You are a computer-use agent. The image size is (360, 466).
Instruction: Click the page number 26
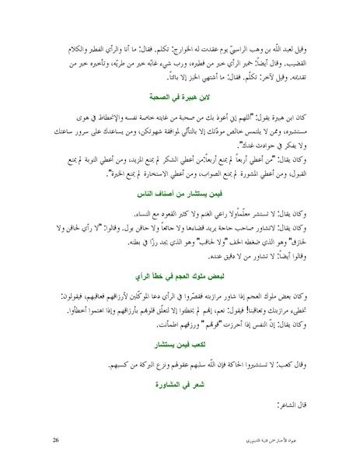[56, 441]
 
